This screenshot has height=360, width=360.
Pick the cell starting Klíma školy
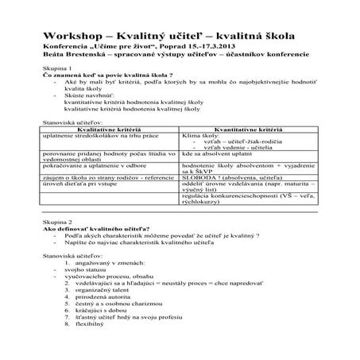199,134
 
